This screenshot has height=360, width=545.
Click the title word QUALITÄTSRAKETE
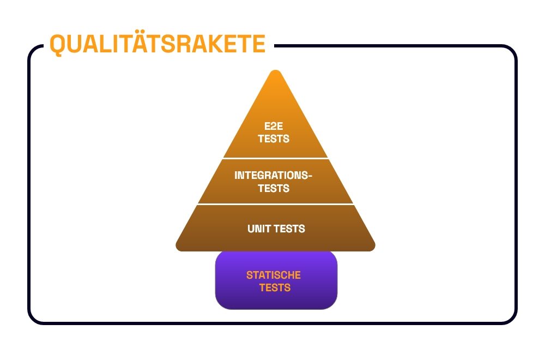coord(158,44)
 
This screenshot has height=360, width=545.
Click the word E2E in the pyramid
coord(274,126)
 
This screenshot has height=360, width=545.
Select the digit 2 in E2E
coord(274,126)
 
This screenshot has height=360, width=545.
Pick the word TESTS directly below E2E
coord(274,139)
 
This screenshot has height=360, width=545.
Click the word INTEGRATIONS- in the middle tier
coord(273,175)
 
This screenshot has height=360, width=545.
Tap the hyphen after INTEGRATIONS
coord(310,176)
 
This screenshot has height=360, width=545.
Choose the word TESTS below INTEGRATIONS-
coord(274,188)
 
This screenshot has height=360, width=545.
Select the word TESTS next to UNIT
coord(289,229)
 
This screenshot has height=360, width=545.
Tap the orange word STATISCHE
coord(274,275)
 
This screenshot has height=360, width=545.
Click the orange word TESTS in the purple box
coord(275,287)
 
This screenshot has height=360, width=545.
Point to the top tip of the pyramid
coord(276,70)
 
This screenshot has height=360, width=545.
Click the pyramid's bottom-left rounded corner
coord(179,248)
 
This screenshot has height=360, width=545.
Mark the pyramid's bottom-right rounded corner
coord(372,248)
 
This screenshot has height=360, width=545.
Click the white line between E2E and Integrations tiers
coord(275,159)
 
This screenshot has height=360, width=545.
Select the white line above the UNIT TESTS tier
coord(276,204)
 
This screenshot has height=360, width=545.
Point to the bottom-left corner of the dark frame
coord(34,319)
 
